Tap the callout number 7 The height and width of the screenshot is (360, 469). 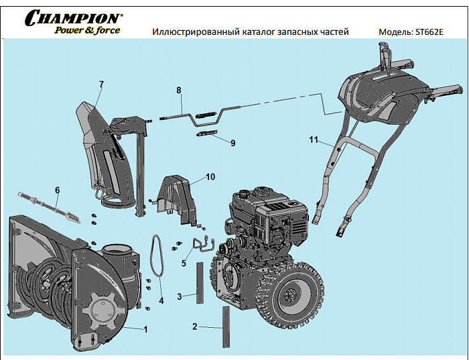click(101, 84)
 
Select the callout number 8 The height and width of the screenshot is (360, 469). click(179, 90)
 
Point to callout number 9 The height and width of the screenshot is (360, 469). click(232, 143)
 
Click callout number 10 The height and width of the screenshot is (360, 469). click(210, 177)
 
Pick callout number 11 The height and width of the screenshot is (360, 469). click(312, 140)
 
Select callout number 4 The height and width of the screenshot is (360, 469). click(161, 301)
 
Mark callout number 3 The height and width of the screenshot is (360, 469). click(180, 296)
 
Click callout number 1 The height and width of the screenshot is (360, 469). click(145, 329)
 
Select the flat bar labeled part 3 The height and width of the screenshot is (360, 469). click(198, 282)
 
